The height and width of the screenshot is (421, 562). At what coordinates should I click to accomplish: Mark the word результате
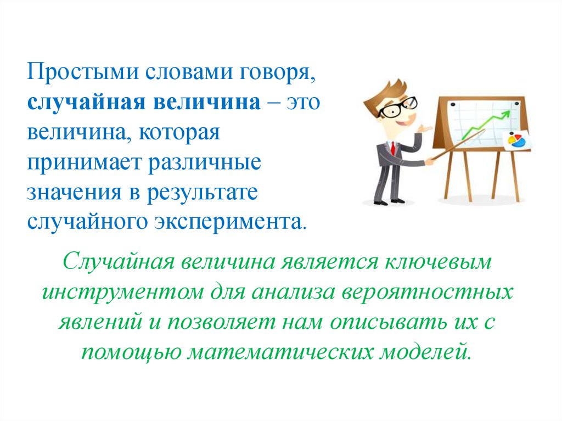[202, 193]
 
